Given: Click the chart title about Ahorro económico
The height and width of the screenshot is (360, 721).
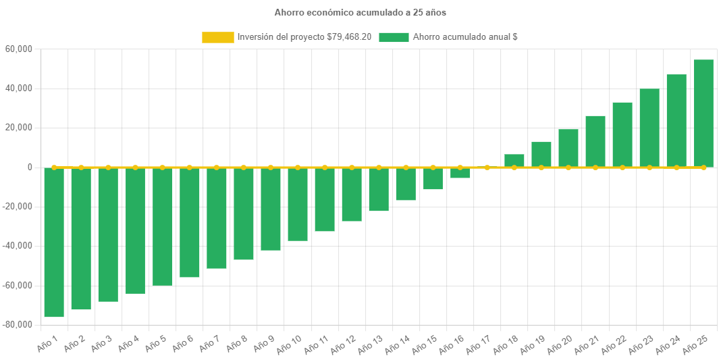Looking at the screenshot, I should (x=360, y=12).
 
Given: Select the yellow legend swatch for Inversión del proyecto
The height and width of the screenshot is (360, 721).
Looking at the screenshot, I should (x=217, y=37).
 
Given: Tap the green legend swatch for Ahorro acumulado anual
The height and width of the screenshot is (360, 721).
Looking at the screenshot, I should (x=394, y=37).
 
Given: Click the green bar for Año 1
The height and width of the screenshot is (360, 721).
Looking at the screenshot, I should (x=54, y=242).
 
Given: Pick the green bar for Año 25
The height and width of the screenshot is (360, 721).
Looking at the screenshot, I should (x=703, y=113).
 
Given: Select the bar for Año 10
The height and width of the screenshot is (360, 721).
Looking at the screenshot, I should (x=298, y=204).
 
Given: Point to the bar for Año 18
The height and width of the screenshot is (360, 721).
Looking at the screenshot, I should (x=514, y=160).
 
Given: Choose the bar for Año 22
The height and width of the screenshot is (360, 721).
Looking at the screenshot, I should (x=622, y=134).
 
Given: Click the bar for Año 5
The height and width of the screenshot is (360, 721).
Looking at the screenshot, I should (x=162, y=226).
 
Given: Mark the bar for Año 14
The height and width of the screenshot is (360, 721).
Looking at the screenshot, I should (x=406, y=184).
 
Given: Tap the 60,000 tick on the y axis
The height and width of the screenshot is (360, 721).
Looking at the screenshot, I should (x=19, y=49).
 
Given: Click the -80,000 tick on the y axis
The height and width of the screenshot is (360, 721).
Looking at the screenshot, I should (x=18, y=324).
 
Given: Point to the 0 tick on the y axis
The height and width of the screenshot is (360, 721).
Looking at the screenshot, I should (x=30, y=167).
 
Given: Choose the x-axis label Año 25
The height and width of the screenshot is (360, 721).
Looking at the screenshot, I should (x=695, y=346).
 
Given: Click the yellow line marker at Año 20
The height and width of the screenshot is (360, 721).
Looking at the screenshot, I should (x=568, y=167).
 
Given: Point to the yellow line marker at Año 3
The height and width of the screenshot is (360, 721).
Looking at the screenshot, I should (x=108, y=167).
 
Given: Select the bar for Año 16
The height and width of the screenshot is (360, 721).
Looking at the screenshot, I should (x=460, y=173).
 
